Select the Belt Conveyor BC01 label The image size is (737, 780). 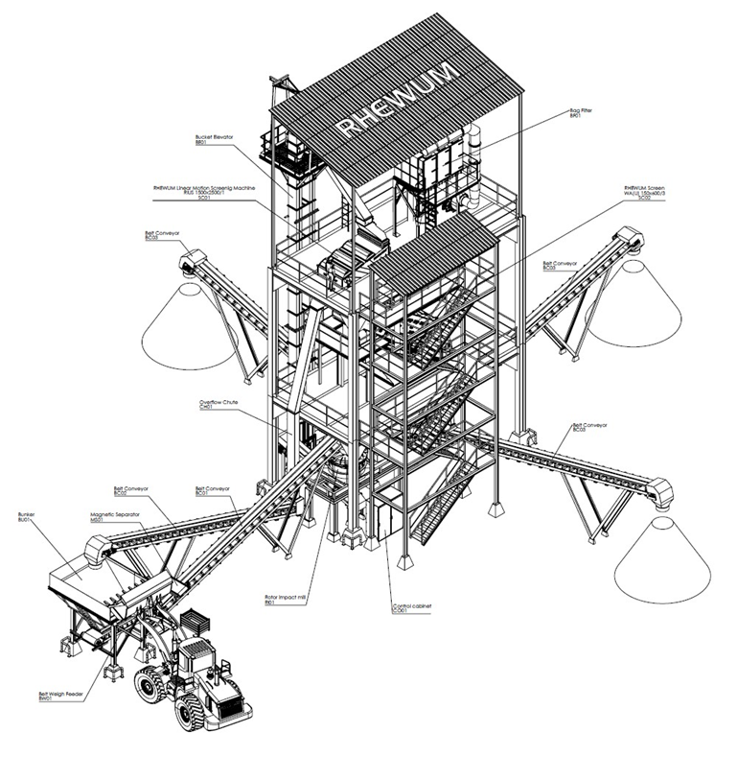[x=214, y=490]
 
